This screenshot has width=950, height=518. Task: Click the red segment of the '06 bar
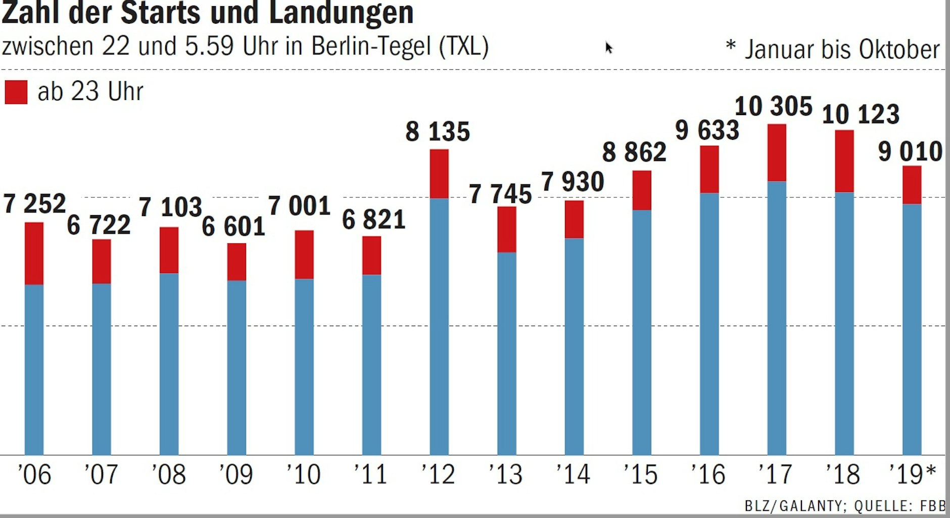(x=34, y=253)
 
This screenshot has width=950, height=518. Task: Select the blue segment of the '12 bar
(x=439, y=326)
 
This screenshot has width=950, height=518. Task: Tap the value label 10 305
(x=773, y=107)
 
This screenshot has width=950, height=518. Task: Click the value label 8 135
(x=438, y=132)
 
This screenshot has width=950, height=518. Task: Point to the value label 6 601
(x=233, y=227)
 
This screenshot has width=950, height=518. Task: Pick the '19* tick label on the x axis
(x=913, y=474)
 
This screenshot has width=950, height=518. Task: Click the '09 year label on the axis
(x=236, y=474)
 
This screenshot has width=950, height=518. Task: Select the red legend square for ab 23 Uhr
(x=16, y=92)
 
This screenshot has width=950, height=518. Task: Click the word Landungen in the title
(x=341, y=13)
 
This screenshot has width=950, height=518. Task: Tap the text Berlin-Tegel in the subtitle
(x=371, y=46)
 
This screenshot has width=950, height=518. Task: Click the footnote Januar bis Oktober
(x=842, y=49)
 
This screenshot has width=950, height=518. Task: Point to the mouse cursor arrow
(x=608, y=47)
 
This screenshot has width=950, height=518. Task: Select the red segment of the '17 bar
(x=777, y=152)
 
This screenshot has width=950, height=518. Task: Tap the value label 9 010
(x=910, y=151)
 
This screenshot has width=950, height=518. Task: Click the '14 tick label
(x=574, y=474)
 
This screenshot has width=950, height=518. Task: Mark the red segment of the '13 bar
(x=507, y=229)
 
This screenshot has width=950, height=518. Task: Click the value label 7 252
(x=34, y=204)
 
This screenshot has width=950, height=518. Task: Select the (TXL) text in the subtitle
(x=463, y=46)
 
